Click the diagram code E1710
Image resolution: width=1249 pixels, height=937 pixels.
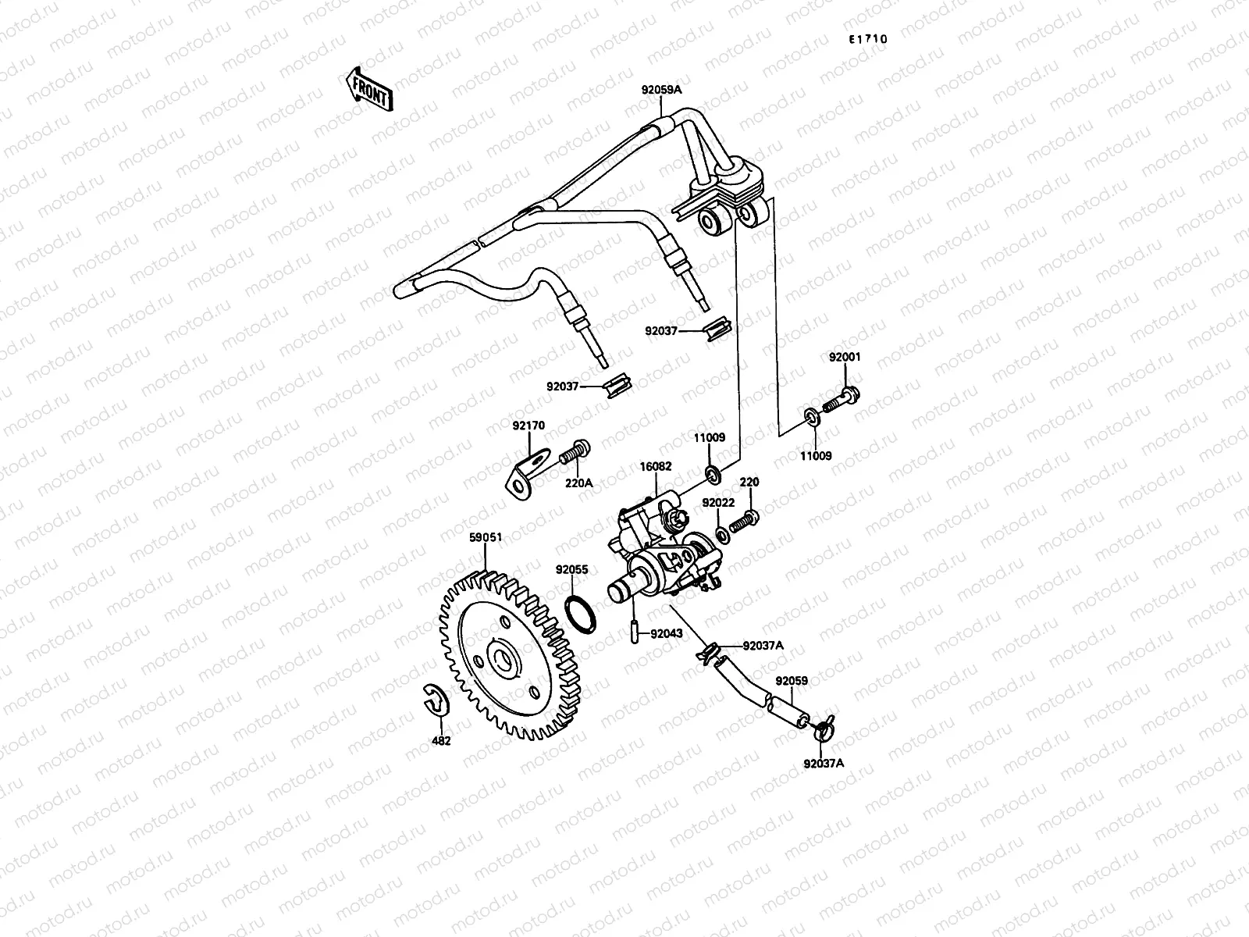point(869,38)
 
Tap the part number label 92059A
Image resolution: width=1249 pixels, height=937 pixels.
point(661,90)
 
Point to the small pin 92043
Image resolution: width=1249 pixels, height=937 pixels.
point(635,630)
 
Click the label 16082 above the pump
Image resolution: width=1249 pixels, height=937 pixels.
point(658,466)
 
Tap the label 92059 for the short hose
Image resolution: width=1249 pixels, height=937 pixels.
point(792,681)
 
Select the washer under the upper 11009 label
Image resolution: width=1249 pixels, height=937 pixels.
point(712,473)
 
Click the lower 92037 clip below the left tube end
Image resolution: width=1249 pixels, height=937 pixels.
point(617,385)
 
